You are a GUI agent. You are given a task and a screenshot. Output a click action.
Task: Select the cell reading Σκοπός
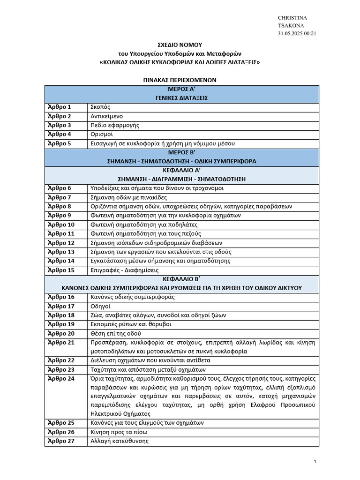tap(100, 107)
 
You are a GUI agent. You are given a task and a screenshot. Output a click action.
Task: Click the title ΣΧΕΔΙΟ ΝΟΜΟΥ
tap(180, 45)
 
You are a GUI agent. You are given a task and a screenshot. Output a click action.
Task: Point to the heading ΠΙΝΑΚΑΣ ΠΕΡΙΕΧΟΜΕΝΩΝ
tap(180, 80)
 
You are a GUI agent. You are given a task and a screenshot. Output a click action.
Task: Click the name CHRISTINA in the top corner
tap(292, 18)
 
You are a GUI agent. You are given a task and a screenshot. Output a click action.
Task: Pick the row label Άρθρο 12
tap(61, 243)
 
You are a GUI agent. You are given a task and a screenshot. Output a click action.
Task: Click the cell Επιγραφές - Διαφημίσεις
tap(124, 270)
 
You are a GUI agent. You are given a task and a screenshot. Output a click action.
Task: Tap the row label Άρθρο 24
tap(61, 378)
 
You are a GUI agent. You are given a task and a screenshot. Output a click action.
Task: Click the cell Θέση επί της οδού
tap(115, 333)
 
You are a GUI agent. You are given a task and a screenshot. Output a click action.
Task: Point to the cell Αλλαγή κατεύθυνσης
tap(120, 441)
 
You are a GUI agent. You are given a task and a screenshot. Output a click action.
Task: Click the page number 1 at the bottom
tap(315, 463)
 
